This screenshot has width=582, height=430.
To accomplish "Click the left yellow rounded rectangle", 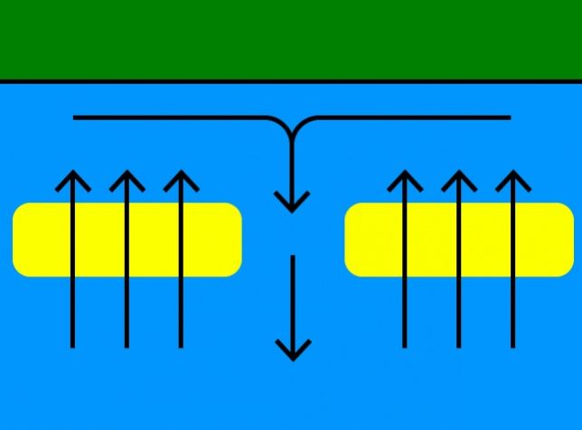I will [x=127, y=239].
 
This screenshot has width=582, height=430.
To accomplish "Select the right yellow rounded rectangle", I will [x=459, y=239].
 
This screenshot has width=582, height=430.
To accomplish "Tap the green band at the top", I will [x=291, y=39].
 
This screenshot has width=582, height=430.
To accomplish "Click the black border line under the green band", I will [x=291, y=81].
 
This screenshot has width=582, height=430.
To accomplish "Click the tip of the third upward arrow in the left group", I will [x=182, y=172].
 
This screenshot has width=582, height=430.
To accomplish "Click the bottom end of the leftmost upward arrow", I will [x=73, y=345].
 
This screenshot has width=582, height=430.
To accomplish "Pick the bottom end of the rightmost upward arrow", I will [x=513, y=345].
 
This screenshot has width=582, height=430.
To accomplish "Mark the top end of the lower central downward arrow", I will [x=292, y=257].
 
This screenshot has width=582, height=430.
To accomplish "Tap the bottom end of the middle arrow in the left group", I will [x=127, y=345].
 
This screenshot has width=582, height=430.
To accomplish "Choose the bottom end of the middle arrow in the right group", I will [x=459, y=345].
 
